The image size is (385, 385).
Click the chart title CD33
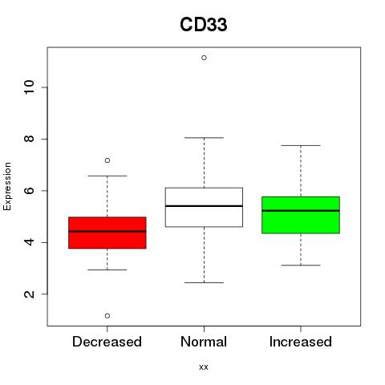point(204,25)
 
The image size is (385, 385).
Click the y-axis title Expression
point(7,186)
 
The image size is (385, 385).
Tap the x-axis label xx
point(204,367)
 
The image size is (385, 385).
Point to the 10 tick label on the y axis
point(30,87)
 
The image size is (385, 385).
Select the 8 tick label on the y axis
point(30,139)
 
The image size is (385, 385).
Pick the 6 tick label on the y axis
point(30,190)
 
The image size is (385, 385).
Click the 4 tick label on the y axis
point(30,242)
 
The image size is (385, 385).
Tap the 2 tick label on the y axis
point(30,294)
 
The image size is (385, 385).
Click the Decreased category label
point(107,342)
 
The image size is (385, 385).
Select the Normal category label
point(204,342)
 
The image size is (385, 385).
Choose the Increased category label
point(301,342)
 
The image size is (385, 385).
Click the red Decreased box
point(107,233)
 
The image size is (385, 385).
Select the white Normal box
point(204,207)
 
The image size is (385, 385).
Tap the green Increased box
point(301,215)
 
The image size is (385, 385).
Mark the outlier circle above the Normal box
point(204,58)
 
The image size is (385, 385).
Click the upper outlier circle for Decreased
point(107,160)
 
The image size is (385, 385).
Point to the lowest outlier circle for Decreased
point(107,316)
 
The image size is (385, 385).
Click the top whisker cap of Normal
point(204,138)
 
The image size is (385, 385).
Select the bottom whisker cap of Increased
point(301,265)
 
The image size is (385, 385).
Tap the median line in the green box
point(301,211)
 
